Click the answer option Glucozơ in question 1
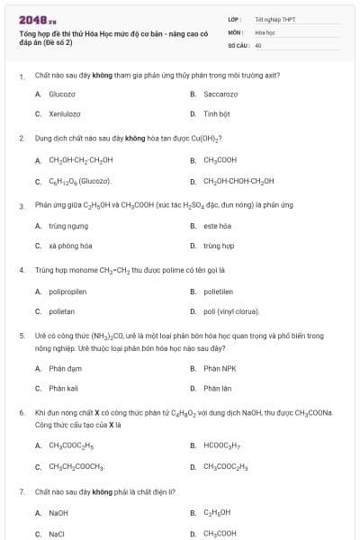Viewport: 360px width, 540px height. click(x=62, y=94)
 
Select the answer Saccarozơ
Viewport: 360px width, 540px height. click(x=220, y=94)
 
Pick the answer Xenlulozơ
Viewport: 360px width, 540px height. click(x=64, y=114)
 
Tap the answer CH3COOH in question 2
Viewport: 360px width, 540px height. click(x=220, y=160)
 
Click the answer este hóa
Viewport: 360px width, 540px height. click(x=217, y=226)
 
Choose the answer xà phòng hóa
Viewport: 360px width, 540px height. click(x=70, y=246)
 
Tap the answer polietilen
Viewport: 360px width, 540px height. click(x=219, y=292)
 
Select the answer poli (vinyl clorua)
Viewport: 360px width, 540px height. click(x=231, y=311)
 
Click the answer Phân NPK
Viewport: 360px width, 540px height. click(x=219, y=368)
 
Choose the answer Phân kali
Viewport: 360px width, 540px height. click(x=64, y=389)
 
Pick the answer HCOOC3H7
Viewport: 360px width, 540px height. click(x=221, y=445)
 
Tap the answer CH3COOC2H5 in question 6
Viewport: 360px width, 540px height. click(x=71, y=445)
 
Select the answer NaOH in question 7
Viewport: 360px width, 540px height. click(x=58, y=512)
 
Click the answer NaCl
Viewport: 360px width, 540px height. click(x=57, y=533)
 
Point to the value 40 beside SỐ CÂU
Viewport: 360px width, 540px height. click(x=258, y=44)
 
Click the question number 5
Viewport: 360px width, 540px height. click(x=22, y=335)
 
